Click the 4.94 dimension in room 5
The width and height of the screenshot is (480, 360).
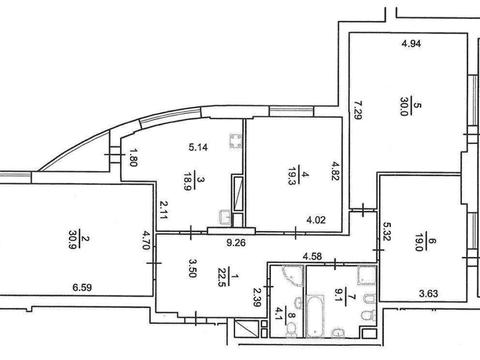click(411, 44)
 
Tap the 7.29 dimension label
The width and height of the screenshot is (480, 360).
click(357, 110)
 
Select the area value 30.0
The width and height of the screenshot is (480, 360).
click(405, 106)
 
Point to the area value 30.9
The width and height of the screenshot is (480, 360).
click(74, 239)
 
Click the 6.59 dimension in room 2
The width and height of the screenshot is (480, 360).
click(82, 287)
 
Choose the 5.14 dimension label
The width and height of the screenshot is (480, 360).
click(198, 147)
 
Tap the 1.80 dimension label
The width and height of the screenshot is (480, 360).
click(133, 158)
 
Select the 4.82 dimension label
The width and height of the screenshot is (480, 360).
click(335, 171)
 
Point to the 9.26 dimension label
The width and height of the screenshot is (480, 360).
click(236, 242)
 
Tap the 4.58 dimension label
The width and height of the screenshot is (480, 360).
click(312, 257)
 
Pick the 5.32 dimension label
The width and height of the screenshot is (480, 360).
click(387, 231)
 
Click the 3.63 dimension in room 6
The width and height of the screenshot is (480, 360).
click(428, 294)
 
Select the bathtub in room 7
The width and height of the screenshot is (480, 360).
click(315, 316)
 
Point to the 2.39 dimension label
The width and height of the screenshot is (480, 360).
click(258, 298)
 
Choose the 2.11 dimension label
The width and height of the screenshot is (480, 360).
click(164, 209)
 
